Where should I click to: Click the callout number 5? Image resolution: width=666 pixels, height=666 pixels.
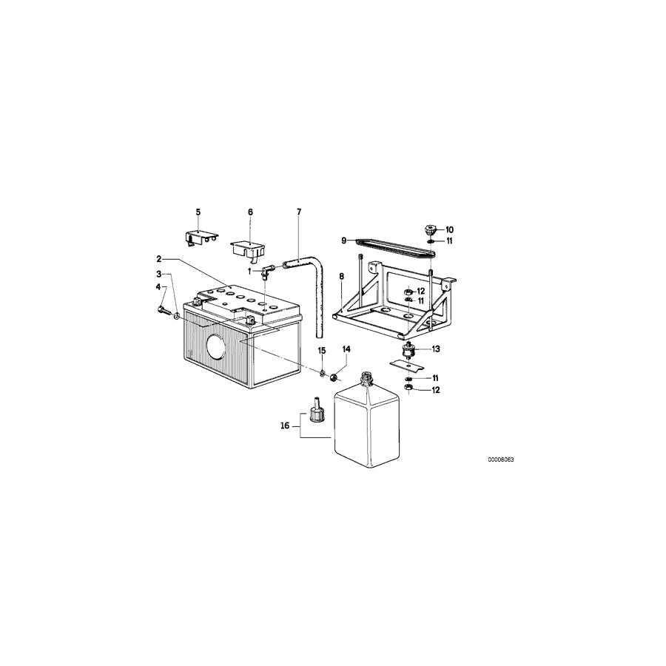click(x=198, y=212)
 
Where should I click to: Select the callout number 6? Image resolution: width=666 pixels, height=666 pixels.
click(x=250, y=212)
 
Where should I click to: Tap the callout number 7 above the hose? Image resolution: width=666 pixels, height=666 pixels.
click(x=299, y=212)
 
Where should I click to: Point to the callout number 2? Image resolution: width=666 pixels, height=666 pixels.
click(x=159, y=259)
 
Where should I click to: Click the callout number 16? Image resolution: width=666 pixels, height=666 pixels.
click(x=285, y=425)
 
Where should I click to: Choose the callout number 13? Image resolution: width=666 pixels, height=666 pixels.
click(x=436, y=349)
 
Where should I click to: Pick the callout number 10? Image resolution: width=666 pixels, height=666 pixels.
click(x=449, y=230)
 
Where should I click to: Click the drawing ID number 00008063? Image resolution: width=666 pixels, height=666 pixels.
click(x=501, y=460)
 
